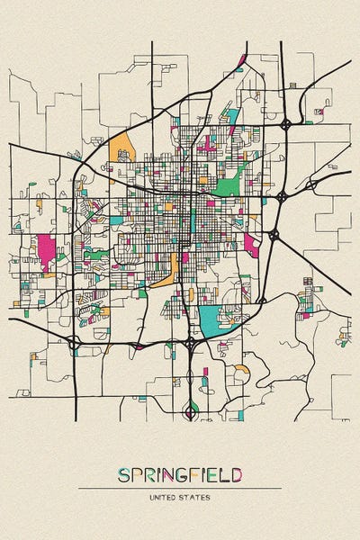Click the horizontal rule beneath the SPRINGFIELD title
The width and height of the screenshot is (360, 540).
click(x=179, y=488)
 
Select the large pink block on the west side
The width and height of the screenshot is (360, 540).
click(x=44, y=251)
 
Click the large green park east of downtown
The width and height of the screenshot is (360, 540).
click(x=228, y=187)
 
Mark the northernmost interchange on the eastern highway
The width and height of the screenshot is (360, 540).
click(x=285, y=124)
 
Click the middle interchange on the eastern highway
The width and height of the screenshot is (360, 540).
click(x=282, y=195)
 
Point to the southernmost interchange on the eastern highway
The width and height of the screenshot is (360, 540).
click(x=274, y=235)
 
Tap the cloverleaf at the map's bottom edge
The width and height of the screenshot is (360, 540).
click(x=190, y=412)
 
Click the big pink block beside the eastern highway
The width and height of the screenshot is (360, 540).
click(x=250, y=245)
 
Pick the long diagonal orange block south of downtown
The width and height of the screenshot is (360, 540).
click(x=165, y=269)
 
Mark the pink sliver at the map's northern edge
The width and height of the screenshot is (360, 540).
click(x=242, y=61)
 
